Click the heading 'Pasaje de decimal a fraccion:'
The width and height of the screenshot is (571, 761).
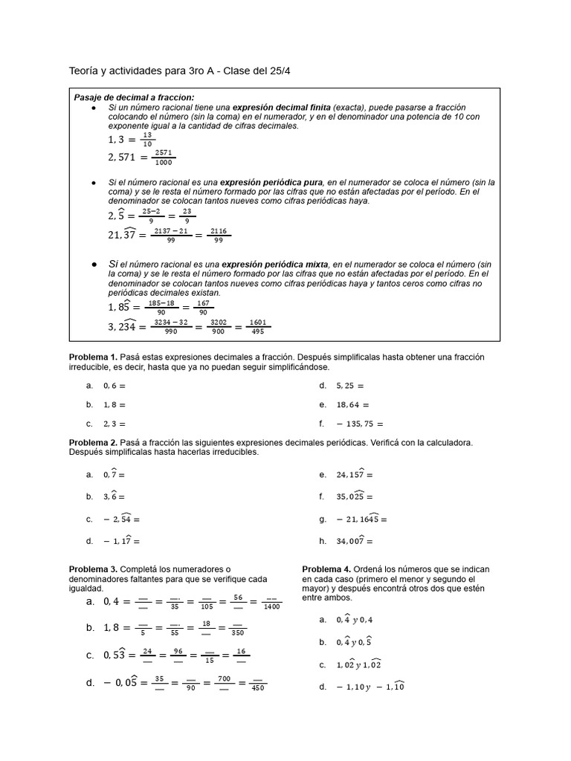click(134, 98)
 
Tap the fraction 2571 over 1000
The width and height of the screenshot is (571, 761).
click(163, 157)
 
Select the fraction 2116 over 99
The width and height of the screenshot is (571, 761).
click(218, 236)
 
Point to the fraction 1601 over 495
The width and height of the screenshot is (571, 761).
click(257, 326)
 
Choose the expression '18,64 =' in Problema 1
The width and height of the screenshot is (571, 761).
click(352, 405)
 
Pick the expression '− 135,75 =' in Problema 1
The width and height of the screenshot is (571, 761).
click(360, 424)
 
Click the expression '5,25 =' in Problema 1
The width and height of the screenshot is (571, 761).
click(350, 386)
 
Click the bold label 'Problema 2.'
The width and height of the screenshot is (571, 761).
click(94, 442)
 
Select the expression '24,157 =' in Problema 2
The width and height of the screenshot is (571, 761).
click(355, 474)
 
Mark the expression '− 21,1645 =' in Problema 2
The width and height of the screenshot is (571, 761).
click(361, 519)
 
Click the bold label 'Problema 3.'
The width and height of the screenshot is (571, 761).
click(94, 569)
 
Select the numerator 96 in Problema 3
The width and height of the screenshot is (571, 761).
click(178, 650)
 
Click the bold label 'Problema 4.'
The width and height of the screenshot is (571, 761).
click(327, 569)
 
